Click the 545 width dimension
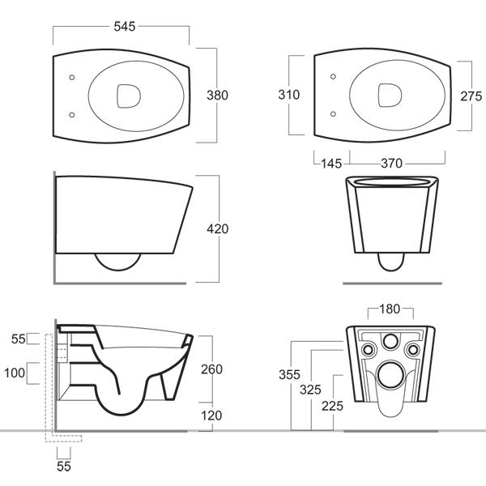click(123, 26)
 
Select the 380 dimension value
click(217, 95)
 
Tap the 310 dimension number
click(289, 95)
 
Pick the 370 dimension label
click(392, 163)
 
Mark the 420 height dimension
click(217, 229)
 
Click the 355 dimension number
click(289, 375)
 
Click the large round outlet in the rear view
click(391, 375)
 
